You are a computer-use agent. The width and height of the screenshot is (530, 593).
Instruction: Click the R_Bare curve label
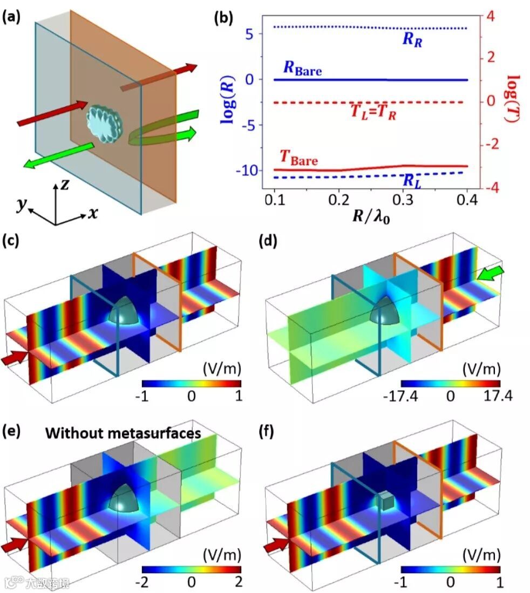[302, 69]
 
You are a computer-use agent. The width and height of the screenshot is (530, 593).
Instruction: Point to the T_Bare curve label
[298, 158]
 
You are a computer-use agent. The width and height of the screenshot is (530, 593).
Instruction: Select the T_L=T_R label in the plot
[373, 112]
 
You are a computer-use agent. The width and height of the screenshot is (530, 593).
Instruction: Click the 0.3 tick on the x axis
[399, 199]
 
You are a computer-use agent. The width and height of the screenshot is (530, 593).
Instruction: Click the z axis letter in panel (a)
[64, 185]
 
